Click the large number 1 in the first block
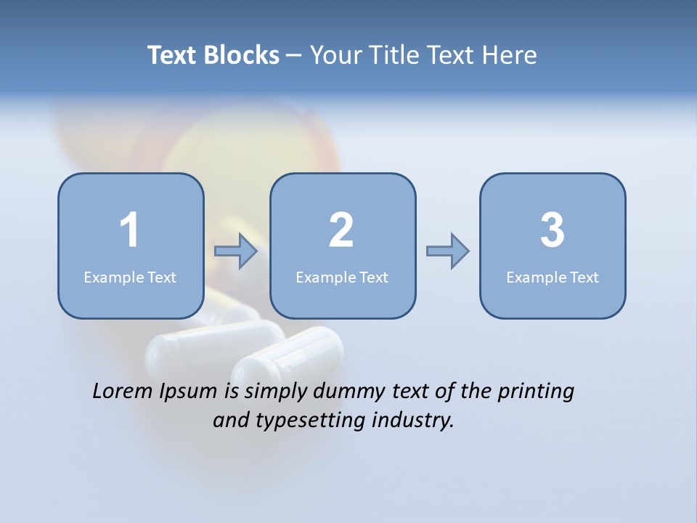click(129, 230)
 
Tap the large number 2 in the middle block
click(341, 230)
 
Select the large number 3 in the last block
click(553, 230)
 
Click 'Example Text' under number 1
click(130, 277)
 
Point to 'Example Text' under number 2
click(342, 277)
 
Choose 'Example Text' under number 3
click(553, 277)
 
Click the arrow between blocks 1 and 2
click(236, 251)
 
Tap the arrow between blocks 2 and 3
click(447, 251)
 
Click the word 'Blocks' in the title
click(241, 55)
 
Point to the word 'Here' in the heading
click(508, 55)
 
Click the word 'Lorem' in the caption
click(123, 391)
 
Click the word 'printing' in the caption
click(535, 392)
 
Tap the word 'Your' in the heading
click(335, 55)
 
